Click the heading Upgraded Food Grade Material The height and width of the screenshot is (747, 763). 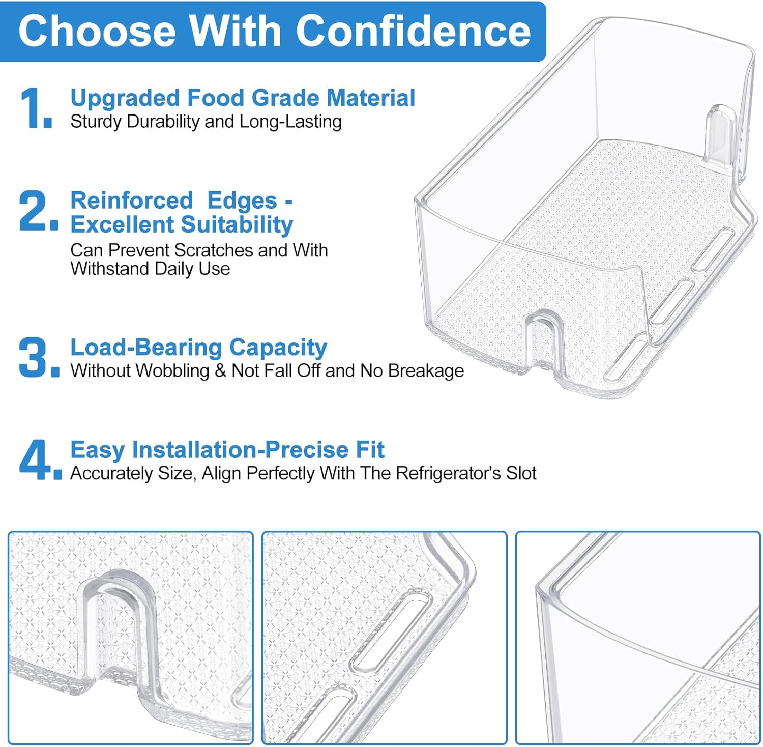243,98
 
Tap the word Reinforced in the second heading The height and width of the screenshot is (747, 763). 132,200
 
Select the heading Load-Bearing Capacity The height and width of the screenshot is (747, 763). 198,348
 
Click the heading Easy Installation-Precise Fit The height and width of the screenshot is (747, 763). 227,450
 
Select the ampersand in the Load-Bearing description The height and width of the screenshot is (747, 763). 220,371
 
